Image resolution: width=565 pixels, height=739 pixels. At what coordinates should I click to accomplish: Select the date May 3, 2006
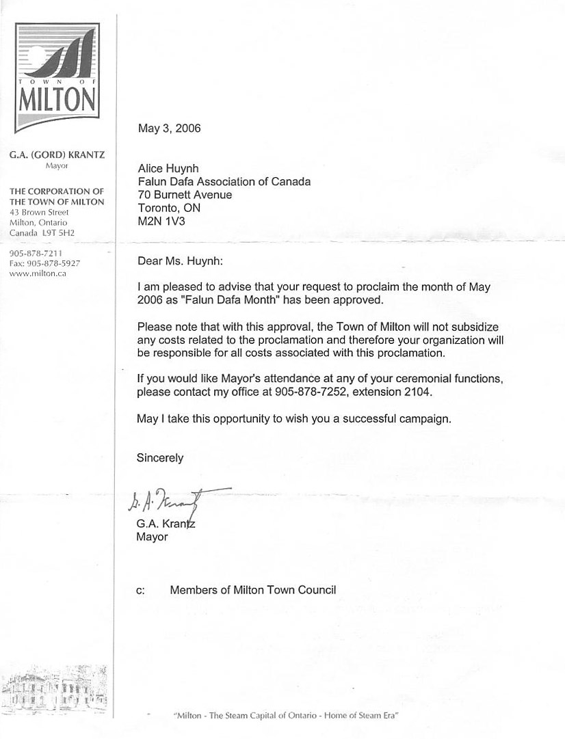(x=169, y=128)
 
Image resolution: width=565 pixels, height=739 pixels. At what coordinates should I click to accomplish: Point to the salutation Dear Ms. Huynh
(x=180, y=260)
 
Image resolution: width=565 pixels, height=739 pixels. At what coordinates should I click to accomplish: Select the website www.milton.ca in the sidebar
(x=38, y=273)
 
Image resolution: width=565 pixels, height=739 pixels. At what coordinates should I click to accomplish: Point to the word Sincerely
(x=160, y=458)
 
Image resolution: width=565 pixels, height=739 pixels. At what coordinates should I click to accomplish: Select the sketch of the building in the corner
(x=53, y=687)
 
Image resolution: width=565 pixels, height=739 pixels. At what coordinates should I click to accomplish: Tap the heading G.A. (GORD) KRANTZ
(x=56, y=156)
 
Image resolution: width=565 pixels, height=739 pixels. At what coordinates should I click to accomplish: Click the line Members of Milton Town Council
(x=253, y=589)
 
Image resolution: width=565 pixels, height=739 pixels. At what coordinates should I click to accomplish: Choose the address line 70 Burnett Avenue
(x=185, y=195)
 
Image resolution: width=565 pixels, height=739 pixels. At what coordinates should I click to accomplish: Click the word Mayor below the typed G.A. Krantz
(x=152, y=537)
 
